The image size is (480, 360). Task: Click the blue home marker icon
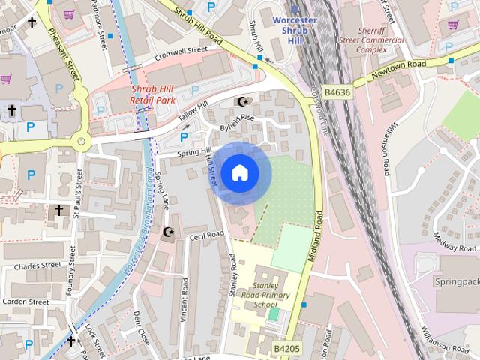point(239,173)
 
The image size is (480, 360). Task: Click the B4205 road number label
point(287,349)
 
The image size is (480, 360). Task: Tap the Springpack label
point(457,281)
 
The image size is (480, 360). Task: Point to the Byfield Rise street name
point(238,122)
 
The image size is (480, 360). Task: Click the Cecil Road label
point(207,235)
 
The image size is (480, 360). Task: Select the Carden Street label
point(25,302)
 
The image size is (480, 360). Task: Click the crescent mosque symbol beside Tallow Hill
point(241,101)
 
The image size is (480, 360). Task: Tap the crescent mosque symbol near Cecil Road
point(169,232)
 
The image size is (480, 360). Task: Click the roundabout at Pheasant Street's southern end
point(81,140)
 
